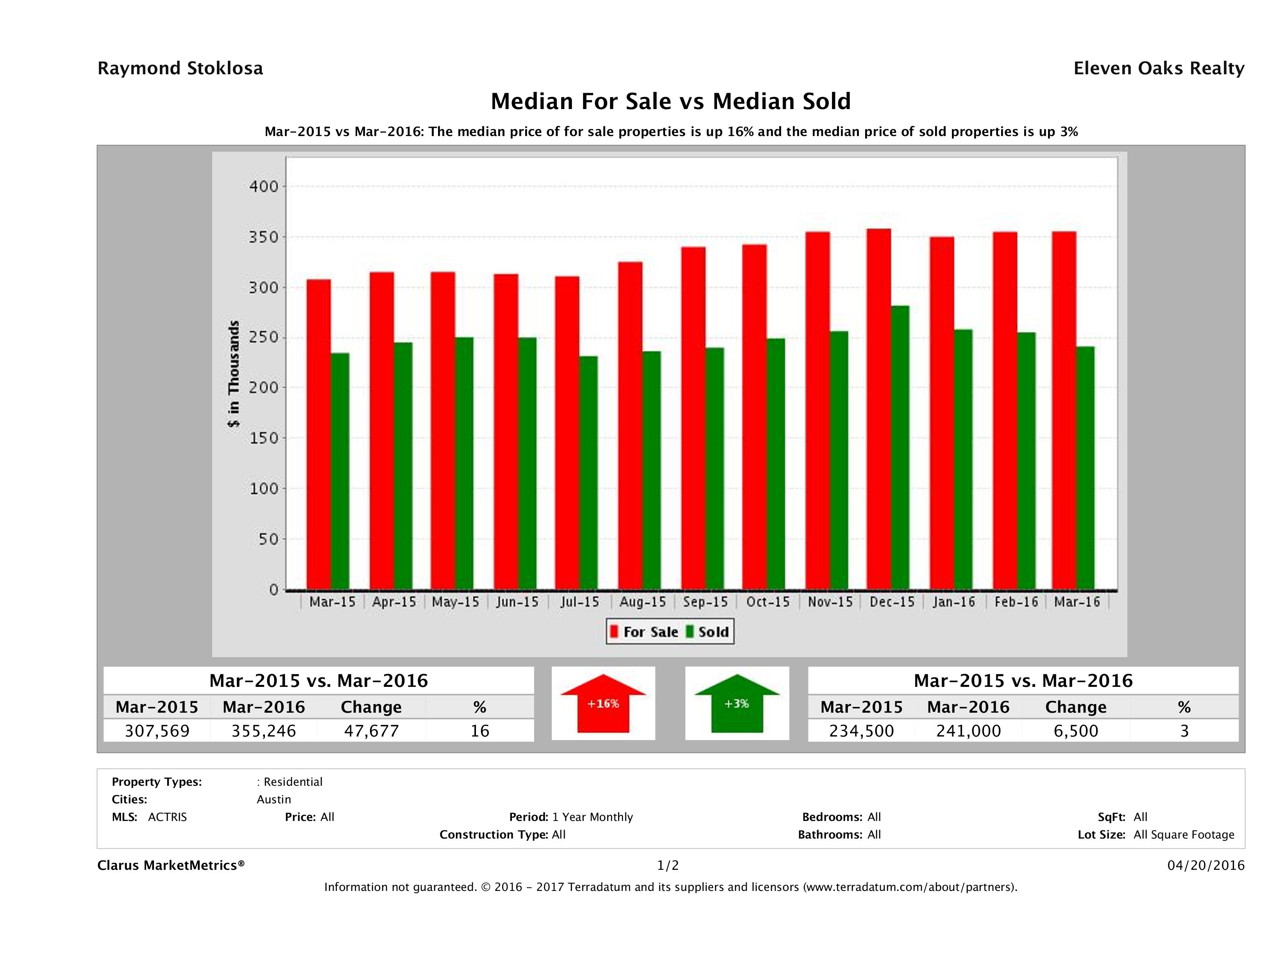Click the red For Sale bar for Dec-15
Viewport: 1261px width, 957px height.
point(878,409)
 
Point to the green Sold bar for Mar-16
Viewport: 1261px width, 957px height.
point(1085,468)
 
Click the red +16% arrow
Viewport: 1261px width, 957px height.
point(603,703)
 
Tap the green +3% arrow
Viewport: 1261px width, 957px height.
point(737,703)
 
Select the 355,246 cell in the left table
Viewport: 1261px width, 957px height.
point(263,731)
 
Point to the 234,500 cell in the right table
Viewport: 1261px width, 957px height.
point(861,731)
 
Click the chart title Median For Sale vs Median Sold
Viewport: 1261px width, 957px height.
point(671,102)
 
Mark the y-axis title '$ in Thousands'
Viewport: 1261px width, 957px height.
point(234,374)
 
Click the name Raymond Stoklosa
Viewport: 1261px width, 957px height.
point(180,68)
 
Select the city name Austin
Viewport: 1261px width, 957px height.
point(274,799)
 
